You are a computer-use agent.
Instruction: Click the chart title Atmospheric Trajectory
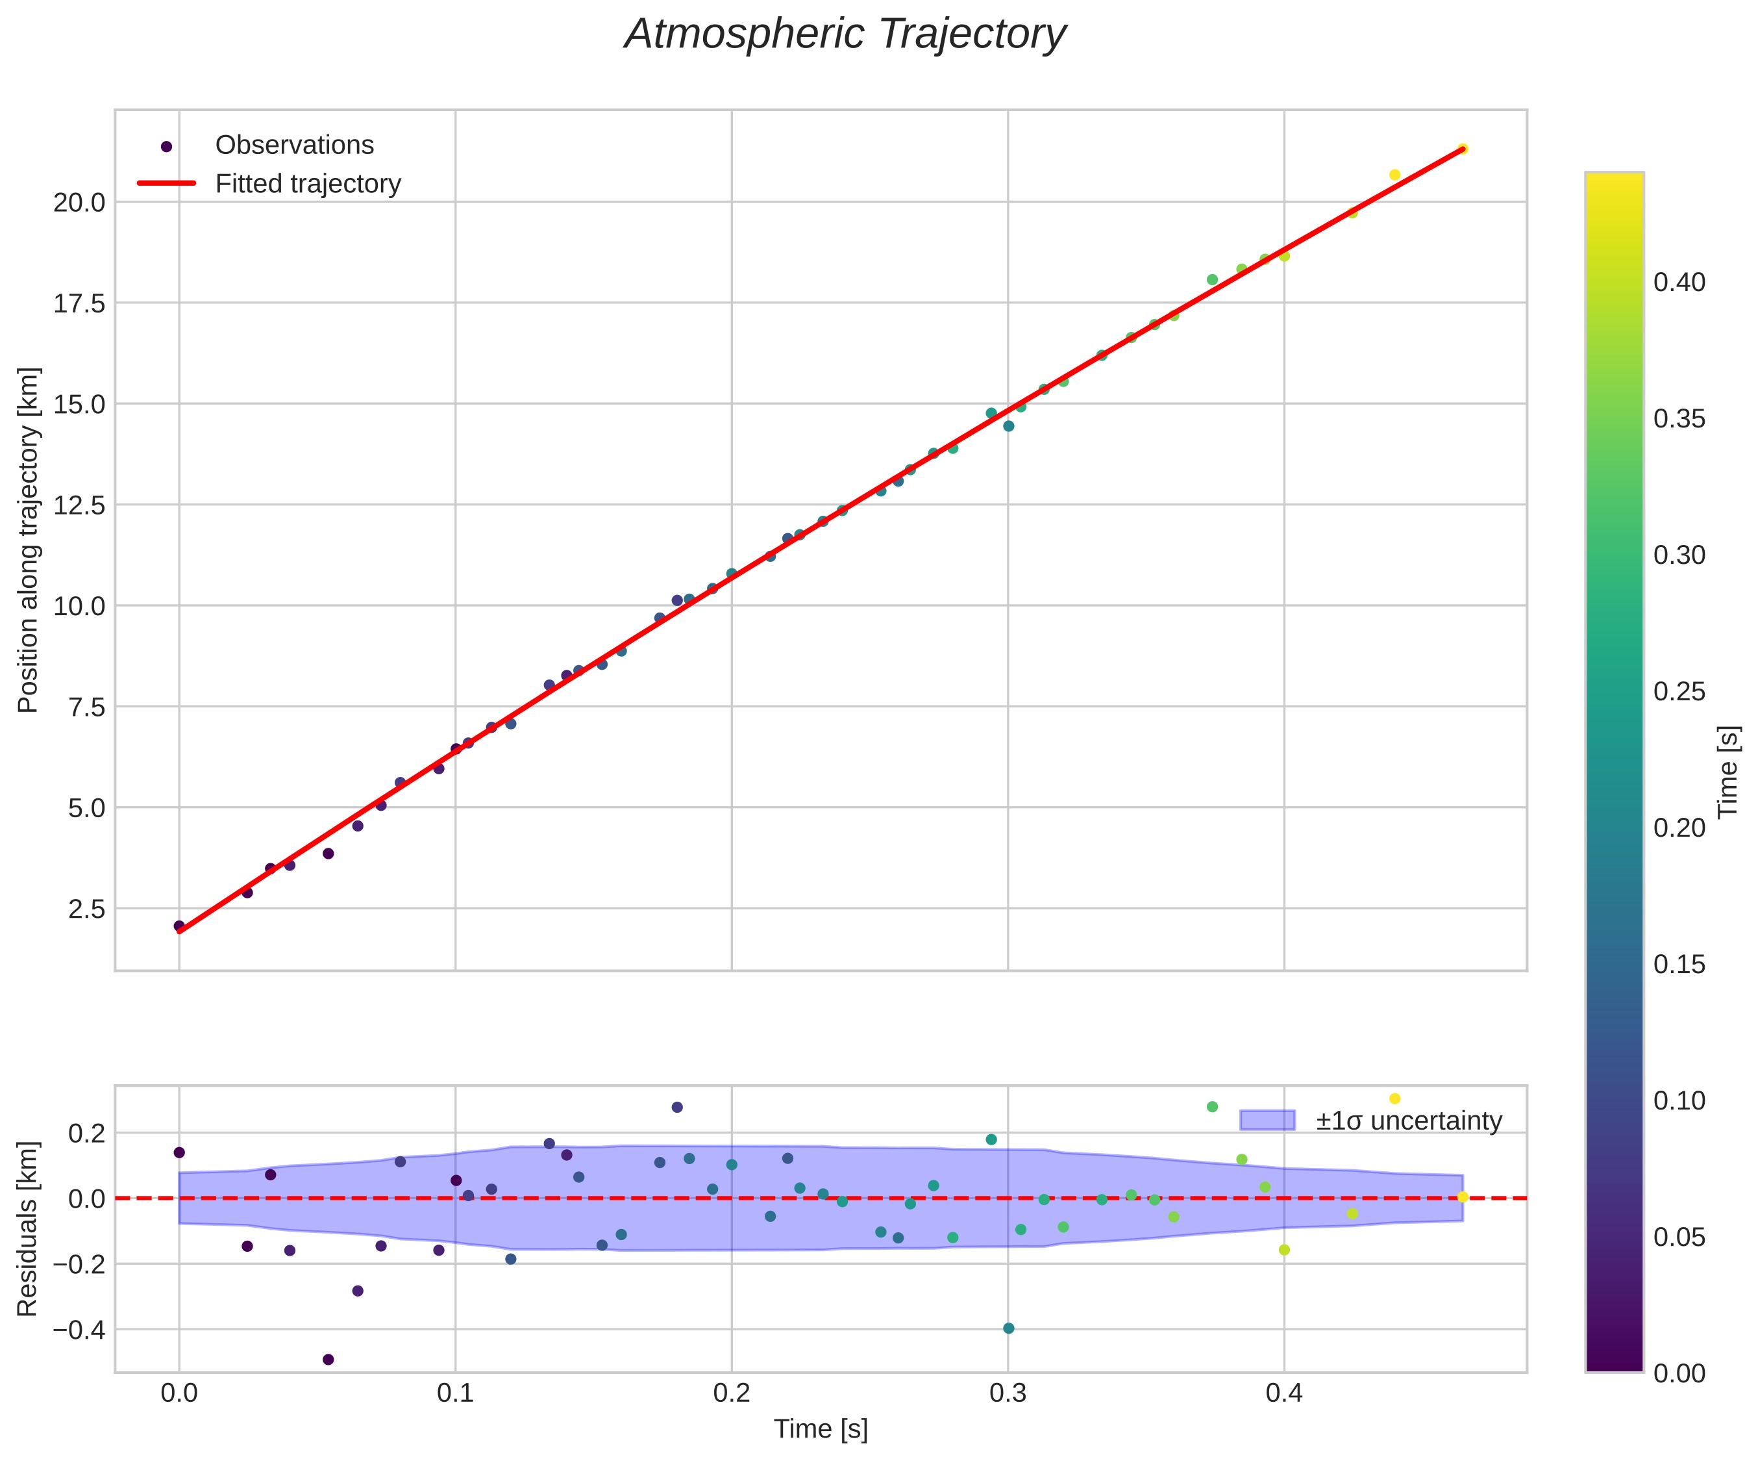tap(845, 35)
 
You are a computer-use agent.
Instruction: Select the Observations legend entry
tap(294, 146)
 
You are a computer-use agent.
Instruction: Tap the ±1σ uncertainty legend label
tap(1409, 1121)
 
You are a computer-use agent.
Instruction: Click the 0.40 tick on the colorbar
tap(1679, 283)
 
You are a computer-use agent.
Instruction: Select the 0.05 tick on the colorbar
tap(1679, 1237)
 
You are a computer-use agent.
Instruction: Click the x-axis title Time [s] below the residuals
tap(821, 1430)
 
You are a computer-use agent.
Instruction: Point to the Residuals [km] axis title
tap(28, 1228)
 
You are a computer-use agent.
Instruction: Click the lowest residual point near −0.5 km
tap(328, 1360)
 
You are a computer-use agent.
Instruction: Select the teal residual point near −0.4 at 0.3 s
tap(1009, 1328)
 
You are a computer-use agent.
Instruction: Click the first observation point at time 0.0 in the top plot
tap(179, 926)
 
